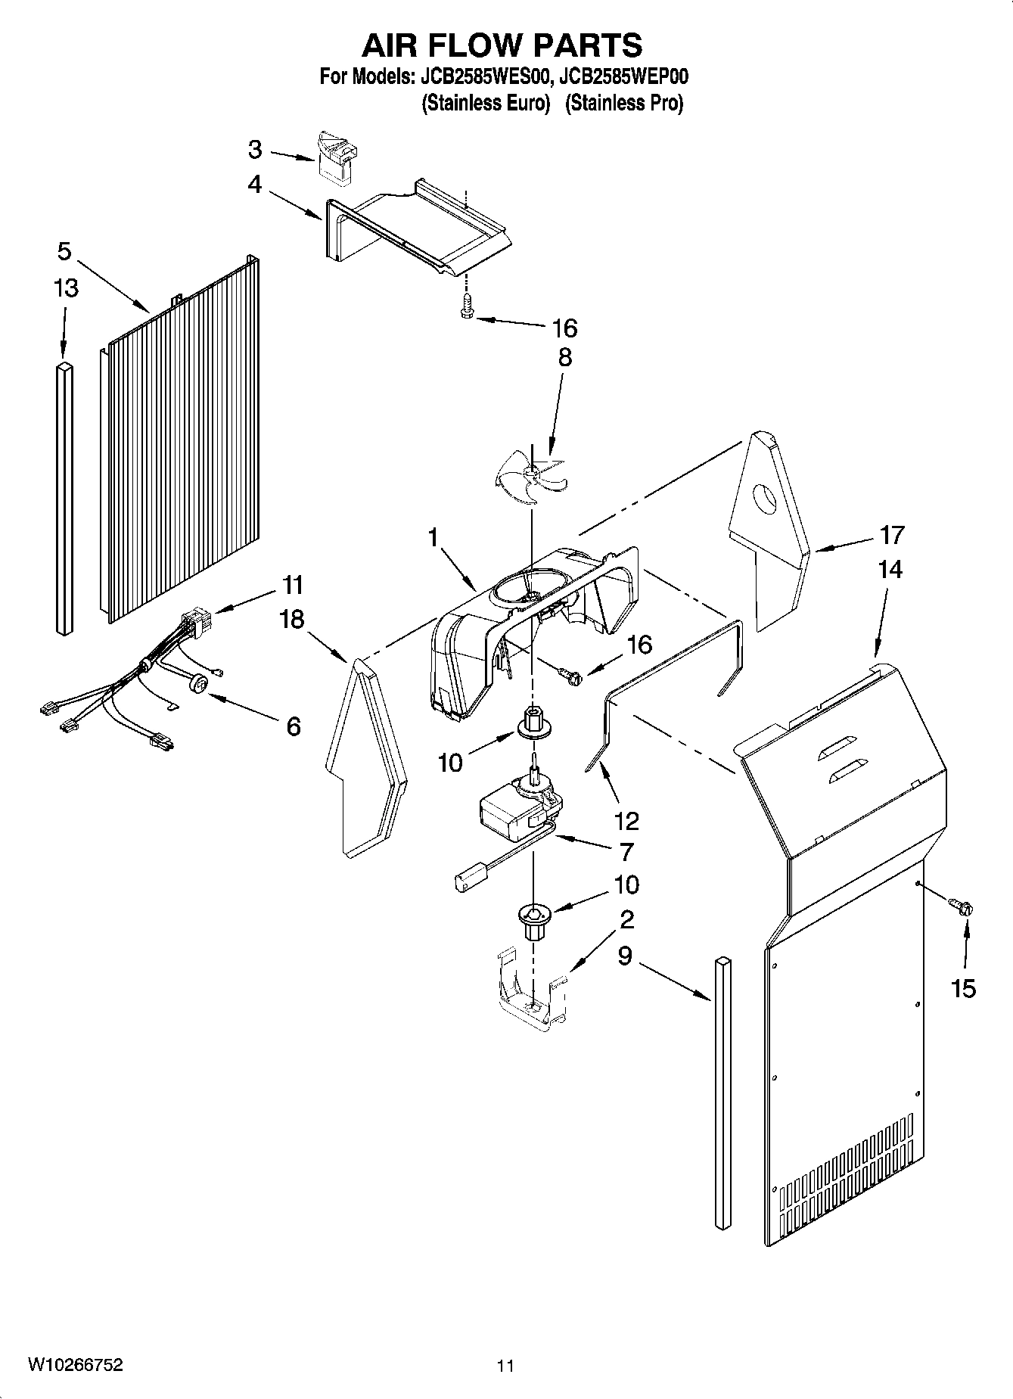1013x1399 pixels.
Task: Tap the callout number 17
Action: [892, 535]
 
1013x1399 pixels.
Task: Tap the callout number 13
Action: [66, 288]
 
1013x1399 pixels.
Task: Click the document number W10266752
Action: [75, 1364]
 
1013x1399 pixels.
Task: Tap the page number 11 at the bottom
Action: [505, 1366]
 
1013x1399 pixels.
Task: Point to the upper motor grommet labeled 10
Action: [534, 723]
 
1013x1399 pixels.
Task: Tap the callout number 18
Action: [291, 619]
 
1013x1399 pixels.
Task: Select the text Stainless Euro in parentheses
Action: [485, 103]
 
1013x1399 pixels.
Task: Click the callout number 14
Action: [890, 570]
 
